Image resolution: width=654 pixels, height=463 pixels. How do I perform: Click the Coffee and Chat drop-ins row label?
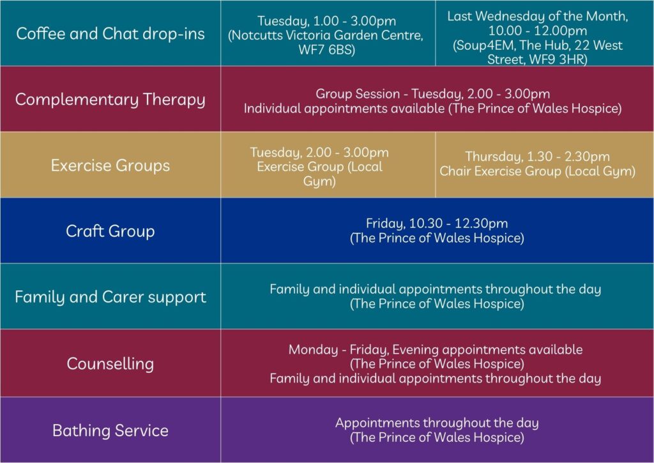click(110, 33)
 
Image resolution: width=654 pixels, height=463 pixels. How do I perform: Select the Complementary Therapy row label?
click(110, 100)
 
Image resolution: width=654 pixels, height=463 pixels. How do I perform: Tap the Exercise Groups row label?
click(110, 166)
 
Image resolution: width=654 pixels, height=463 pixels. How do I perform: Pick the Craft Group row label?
click(110, 231)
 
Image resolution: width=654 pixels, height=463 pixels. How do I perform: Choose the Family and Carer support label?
click(110, 297)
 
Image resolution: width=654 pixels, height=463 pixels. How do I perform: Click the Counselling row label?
click(110, 364)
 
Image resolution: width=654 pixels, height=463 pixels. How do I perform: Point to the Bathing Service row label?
click(110, 430)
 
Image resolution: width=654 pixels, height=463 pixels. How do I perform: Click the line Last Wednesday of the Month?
click(537, 17)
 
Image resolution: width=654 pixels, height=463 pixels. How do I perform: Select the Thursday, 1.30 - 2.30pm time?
click(537, 157)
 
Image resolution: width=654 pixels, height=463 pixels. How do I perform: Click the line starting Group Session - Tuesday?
click(432, 94)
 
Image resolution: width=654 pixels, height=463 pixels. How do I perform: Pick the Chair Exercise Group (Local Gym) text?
click(537, 171)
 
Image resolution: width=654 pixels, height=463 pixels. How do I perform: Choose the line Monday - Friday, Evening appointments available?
click(435, 350)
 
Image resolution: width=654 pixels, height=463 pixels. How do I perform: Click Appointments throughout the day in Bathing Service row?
click(437, 423)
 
